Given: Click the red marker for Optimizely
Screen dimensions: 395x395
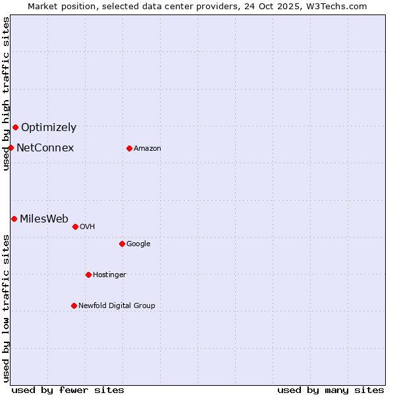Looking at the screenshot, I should tap(15, 127).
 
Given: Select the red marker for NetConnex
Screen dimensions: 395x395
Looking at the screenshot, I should tap(11, 147).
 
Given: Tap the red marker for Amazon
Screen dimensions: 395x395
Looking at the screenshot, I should tap(129, 148).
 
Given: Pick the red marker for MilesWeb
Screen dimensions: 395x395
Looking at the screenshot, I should tap(14, 219).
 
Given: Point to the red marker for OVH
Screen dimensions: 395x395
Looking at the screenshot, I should tap(75, 226).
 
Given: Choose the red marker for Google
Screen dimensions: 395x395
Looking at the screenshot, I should tap(122, 244).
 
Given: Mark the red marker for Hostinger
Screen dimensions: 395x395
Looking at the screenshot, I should tap(88, 275).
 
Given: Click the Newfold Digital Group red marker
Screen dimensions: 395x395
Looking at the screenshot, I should tap(74, 305).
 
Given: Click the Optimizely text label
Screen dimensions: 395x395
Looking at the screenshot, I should tap(49, 128).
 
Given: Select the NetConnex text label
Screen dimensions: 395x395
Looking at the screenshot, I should tap(45, 148).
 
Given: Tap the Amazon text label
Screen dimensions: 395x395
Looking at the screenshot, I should tap(147, 149).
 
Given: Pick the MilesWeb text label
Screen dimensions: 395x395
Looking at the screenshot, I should tap(44, 219).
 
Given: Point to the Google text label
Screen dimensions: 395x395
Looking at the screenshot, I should tap(138, 244).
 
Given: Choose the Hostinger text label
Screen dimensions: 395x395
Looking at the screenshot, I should tap(109, 275).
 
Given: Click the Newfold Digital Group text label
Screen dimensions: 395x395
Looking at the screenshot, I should tap(117, 306).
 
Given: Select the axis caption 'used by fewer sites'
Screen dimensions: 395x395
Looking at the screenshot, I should tap(68, 390).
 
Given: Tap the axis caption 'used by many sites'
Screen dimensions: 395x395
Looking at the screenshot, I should tap(330, 390).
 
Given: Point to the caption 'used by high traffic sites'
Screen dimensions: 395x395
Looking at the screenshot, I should tap(6, 93).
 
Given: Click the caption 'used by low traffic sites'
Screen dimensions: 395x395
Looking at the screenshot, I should tap(6, 307).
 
